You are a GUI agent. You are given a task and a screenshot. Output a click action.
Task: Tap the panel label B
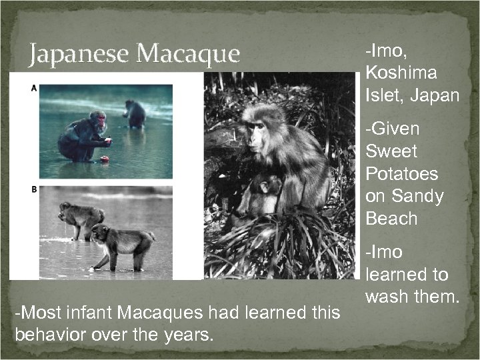point(33,190)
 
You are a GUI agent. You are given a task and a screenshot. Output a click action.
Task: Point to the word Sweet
point(392,151)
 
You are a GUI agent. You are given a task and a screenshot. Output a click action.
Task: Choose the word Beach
point(391,219)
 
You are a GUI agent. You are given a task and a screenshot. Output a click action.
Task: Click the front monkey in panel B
point(120,245)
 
